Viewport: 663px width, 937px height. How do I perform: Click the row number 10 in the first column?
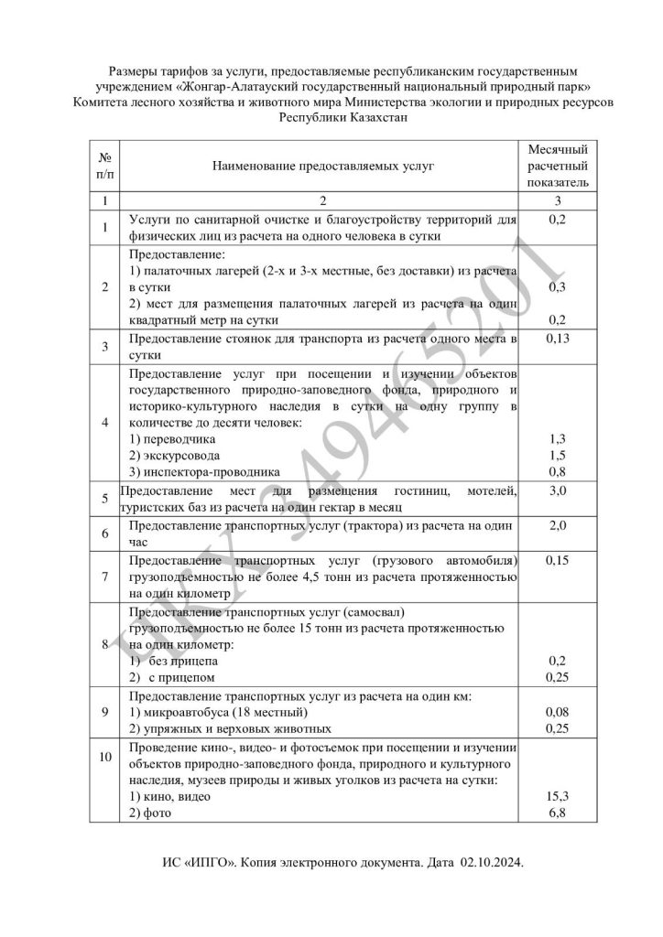pos(106,756)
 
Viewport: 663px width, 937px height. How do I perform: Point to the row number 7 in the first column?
pos(106,576)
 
